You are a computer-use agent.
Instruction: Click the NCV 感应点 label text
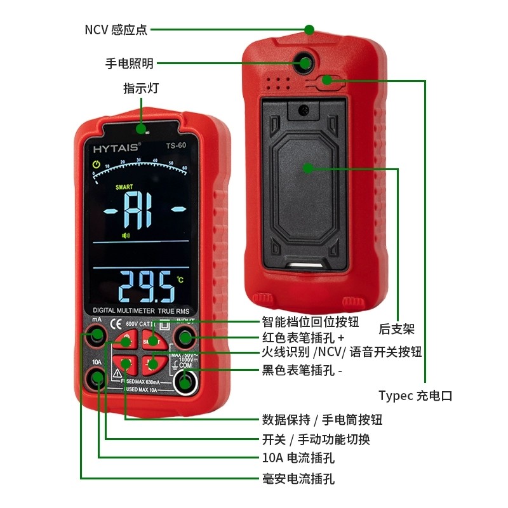[x=115, y=29]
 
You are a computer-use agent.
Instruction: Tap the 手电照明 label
[x=130, y=63]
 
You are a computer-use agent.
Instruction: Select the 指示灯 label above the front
[x=141, y=88]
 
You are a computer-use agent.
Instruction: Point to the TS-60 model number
[x=175, y=145]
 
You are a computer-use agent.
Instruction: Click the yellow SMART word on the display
[x=124, y=187]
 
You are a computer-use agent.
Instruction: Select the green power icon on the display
[x=96, y=166]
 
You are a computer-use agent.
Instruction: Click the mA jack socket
[x=97, y=336]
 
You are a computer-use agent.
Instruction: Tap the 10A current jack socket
[x=97, y=378]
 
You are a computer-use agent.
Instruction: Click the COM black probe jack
[x=185, y=381]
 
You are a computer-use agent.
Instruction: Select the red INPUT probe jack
[x=185, y=337]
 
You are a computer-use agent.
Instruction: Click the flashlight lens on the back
[x=305, y=63]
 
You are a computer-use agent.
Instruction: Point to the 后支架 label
[x=396, y=329]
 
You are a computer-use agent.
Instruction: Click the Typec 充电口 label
[x=415, y=395]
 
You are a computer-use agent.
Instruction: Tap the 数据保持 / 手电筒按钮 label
[x=322, y=420]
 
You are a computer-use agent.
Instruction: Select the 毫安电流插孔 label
[x=298, y=478]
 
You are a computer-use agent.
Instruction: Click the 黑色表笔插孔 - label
[x=302, y=370]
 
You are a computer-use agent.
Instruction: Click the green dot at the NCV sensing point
[x=309, y=29]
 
